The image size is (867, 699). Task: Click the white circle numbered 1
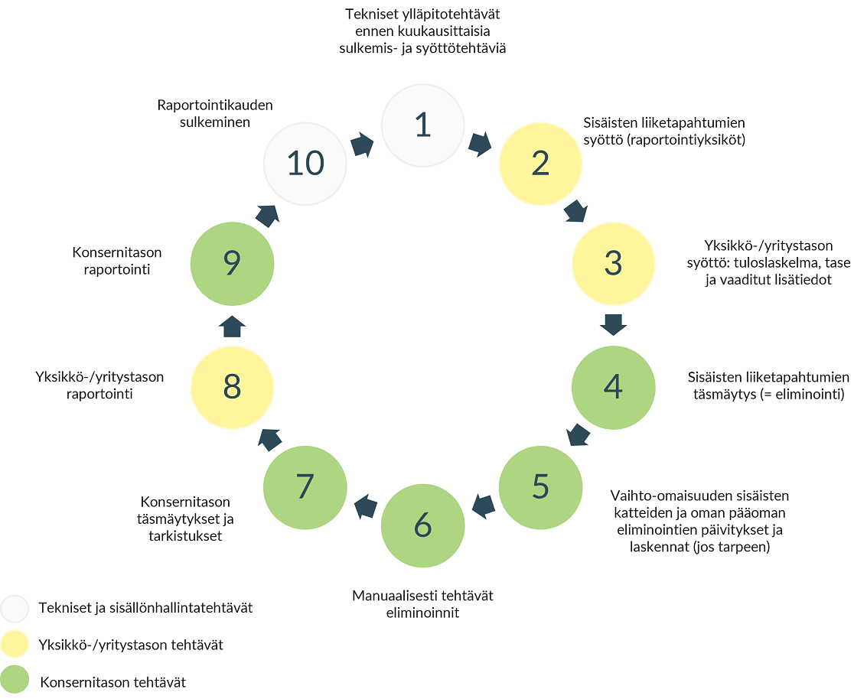[x=422, y=125]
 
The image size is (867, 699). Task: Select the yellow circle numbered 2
[x=540, y=164]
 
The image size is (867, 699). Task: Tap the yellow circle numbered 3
[x=613, y=264]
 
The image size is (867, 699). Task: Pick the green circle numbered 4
[x=613, y=387]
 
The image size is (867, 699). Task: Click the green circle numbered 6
[x=422, y=525]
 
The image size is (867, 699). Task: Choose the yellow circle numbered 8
[x=232, y=387]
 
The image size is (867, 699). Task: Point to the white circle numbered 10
[x=305, y=164]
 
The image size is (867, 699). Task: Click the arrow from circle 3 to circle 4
[x=613, y=325]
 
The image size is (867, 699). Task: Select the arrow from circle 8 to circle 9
[x=232, y=326]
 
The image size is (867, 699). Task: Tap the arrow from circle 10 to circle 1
[x=363, y=145]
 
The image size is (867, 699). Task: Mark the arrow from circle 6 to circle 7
[x=366, y=506]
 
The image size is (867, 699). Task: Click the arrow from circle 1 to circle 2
[x=480, y=145]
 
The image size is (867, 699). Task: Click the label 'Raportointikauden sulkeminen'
[x=215, y=113]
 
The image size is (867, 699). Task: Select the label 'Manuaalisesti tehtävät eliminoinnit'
[x=422, y=604]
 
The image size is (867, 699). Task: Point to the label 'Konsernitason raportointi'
[x=116, y=261]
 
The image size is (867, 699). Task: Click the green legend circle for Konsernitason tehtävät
[x=15, y=679]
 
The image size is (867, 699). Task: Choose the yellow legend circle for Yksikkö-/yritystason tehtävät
[x=15, y=644]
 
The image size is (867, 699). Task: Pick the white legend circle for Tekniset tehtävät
[x=15, y=609]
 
